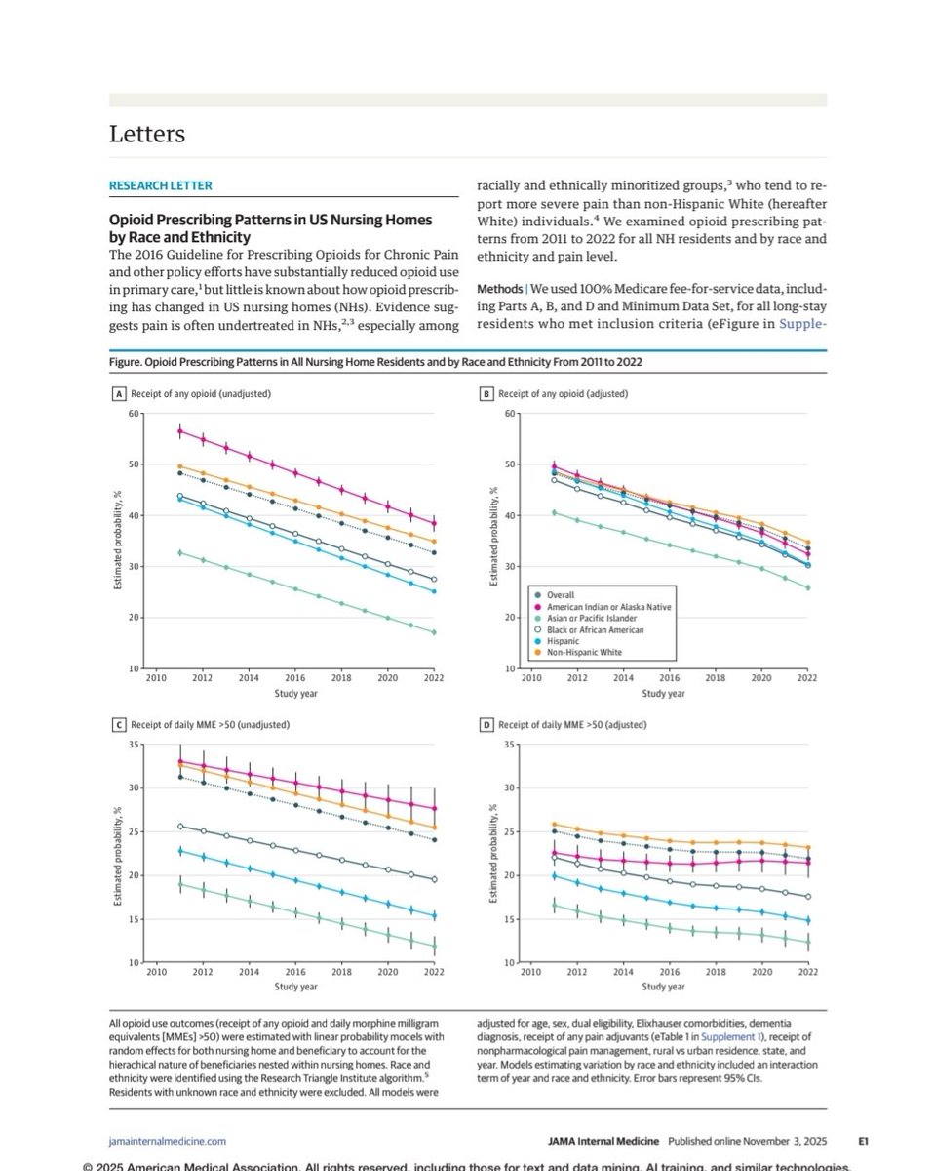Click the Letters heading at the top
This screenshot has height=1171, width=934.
click(147, 134)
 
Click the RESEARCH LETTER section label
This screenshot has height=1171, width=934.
click(160, 185)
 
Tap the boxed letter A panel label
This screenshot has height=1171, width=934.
click(120, 394)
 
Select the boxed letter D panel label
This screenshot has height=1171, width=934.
click(486, 725)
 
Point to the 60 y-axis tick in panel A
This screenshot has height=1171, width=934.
click(133, 414)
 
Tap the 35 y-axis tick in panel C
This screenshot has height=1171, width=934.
click(133, 745)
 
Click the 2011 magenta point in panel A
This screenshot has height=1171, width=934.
click(179, 431)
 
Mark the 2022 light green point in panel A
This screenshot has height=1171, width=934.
click(434, 632)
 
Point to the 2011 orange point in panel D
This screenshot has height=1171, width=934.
click(554, 825)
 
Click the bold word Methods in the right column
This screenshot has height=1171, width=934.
click(498, 290)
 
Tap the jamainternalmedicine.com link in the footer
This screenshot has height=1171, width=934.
click(168, 1139)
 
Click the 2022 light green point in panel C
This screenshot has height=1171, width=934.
click(434, 947)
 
